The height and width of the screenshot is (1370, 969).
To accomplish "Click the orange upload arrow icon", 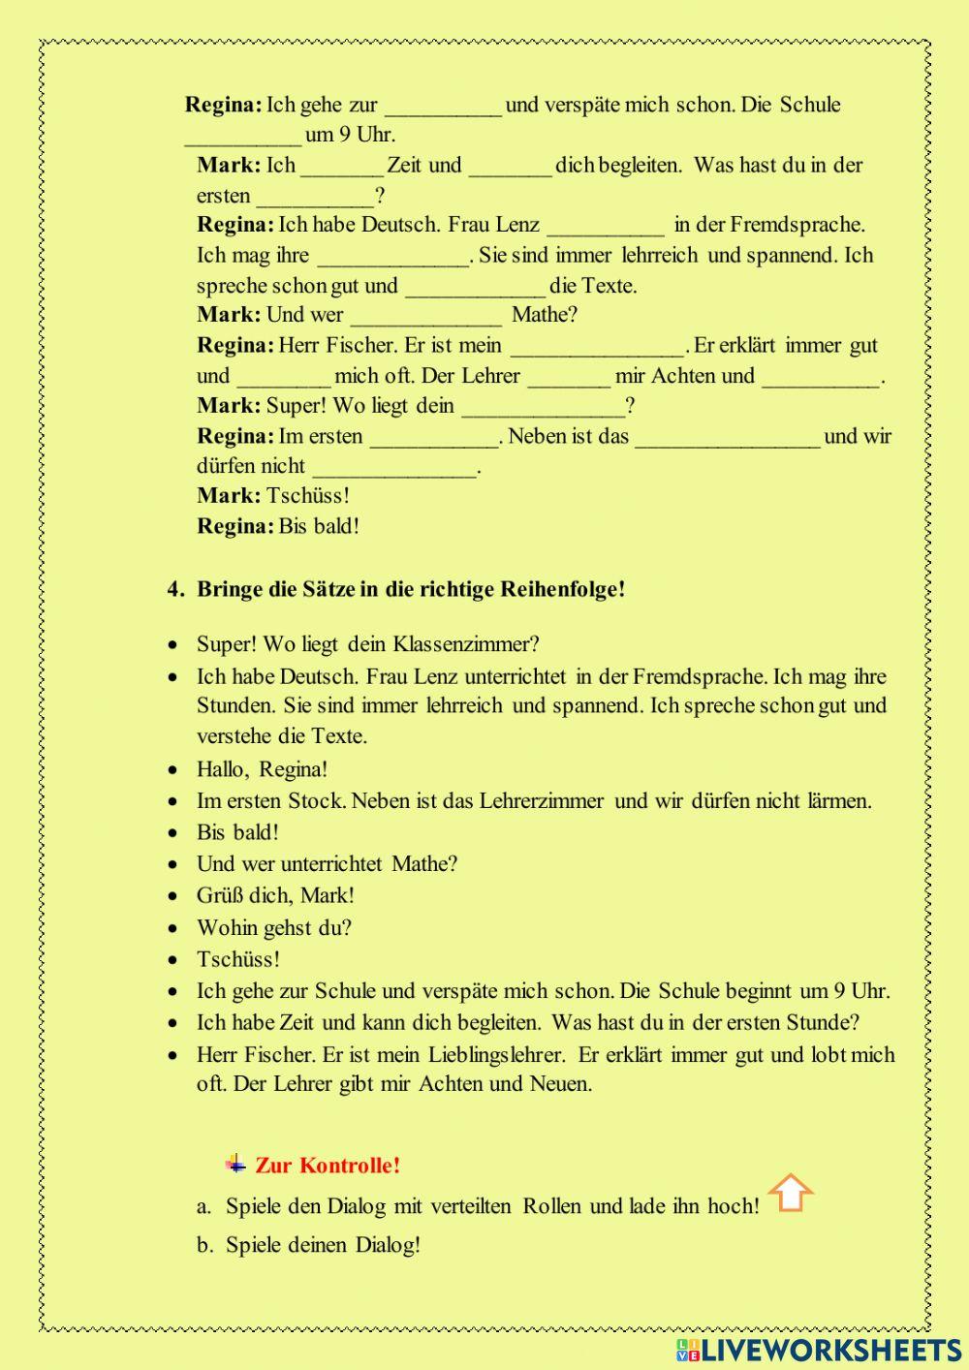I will click(791, 1194).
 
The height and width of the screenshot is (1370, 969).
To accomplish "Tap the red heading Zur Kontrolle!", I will click(328, 1166).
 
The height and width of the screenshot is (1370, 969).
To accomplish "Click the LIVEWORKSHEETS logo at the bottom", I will click(820, 1350).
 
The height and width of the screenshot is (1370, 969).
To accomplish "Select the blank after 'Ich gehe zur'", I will click(443, 107).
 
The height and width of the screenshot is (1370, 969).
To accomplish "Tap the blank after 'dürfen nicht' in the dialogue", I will click(395, 468).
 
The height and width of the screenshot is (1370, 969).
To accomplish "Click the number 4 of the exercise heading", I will click(174, 589).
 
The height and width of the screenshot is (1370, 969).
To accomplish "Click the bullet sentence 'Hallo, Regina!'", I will click(262, 769).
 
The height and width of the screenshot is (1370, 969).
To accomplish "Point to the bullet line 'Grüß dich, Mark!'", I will click(275, 895).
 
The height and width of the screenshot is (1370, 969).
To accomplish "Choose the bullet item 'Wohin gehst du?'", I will click(273, 927).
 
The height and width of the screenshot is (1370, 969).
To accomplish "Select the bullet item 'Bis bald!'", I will click(237, 832).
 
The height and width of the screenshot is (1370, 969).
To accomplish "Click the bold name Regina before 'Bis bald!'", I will click(235, 526).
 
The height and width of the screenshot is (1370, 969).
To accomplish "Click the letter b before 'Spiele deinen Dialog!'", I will click(203, 1246).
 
